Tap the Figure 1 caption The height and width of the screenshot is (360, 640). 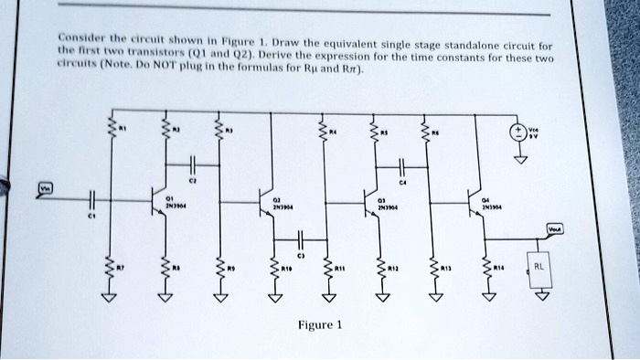click(318, 325)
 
